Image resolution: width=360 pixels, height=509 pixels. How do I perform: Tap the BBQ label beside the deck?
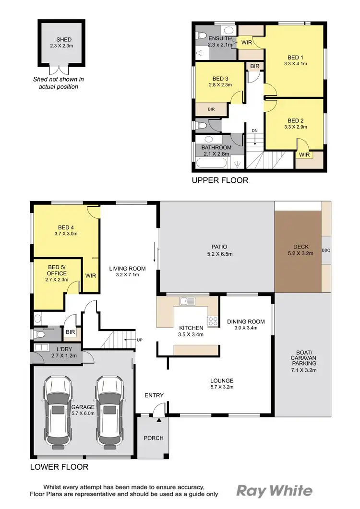tap(326, 250)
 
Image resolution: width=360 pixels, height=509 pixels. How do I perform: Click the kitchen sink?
tap(187, 301)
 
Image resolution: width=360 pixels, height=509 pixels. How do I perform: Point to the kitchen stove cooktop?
tap(212, 321)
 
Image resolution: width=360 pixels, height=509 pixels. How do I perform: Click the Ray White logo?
tap(274, 490)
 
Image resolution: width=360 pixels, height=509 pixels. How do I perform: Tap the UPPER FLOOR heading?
tap(220, 180)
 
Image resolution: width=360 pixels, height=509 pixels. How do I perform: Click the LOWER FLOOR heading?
tap(59, 466)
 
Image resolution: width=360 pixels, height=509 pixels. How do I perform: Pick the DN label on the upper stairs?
tap(254, 130)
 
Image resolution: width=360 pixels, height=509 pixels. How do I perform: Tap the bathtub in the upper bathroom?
tap(211, 163)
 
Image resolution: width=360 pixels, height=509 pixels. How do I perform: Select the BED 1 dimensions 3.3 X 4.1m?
tap(295, 63)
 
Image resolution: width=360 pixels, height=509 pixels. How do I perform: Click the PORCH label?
tap(154, 438)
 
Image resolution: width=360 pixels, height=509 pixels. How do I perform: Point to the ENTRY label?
tap(154, 395)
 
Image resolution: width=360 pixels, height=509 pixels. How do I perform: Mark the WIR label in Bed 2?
tap(304, 155)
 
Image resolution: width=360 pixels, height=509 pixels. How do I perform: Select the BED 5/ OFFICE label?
tap(57, 270)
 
